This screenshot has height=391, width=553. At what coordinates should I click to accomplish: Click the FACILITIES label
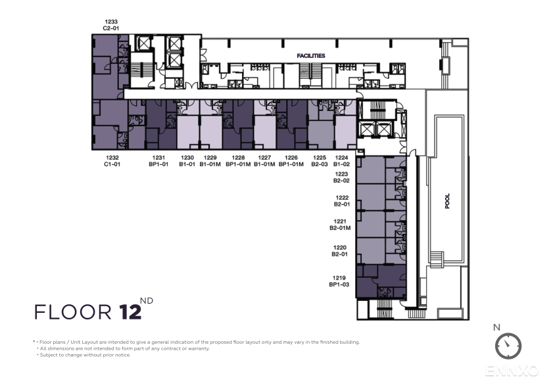click(x=311, y=56)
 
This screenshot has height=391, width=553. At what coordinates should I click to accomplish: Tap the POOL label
click(x=447, y=201)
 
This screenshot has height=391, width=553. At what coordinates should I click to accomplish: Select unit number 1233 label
click(x=111, y=22)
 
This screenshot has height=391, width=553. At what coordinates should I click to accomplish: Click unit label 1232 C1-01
click(x=112, y=161)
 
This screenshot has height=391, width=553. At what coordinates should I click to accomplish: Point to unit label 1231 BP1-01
click(x=158, y=161)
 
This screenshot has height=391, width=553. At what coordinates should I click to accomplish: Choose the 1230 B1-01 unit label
click(x=187, y=161)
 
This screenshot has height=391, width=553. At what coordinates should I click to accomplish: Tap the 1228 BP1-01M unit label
click(x=238, y=161)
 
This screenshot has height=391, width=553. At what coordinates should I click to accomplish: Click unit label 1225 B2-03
click(x=320, y=161)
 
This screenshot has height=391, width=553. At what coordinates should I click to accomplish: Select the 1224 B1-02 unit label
click(x=341, y=161)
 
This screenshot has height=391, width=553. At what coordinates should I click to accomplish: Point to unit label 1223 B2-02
click(x=341, y=177)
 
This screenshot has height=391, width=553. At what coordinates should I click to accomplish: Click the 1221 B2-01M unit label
click(x=340, y=225)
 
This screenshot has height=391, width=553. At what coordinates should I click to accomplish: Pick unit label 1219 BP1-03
click(x=339, y=281)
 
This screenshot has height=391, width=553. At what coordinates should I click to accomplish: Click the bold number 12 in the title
click(x=130, y=311)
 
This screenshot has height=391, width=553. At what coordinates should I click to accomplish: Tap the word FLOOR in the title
click(x=73, y=312)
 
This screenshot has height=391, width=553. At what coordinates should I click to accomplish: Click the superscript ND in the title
click(x=147, y=301)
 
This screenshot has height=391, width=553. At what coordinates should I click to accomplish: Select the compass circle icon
click(x=508, y=346)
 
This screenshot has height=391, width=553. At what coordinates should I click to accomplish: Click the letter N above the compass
click(x=496, y=327)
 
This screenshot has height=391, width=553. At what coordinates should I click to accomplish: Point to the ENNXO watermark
click(x=512, y=371)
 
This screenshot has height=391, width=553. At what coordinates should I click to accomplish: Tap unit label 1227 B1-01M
click(x=264, y=161)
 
